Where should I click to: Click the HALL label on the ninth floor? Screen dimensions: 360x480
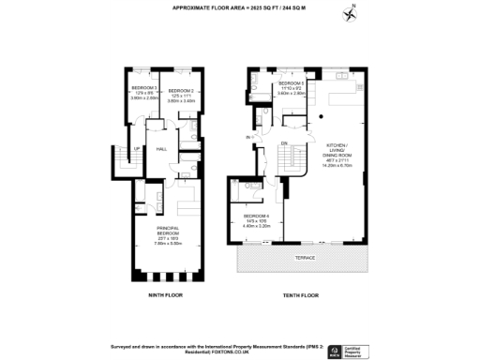pos(161,149)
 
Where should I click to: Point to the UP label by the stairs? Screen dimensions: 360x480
pos(137,149)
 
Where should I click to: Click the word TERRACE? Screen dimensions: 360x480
pos(306,256)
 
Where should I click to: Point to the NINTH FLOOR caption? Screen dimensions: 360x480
pos(164,295)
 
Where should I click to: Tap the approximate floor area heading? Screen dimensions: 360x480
pos(239,7)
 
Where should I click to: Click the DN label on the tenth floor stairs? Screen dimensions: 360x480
pos(283,142)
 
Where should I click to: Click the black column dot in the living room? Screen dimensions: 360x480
pos(320,114)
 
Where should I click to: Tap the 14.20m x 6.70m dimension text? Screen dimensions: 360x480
pos(335,166)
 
